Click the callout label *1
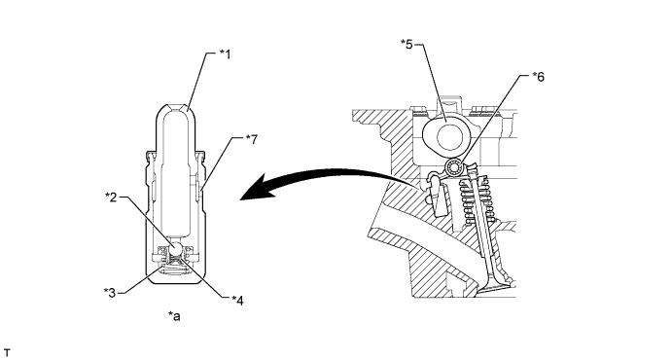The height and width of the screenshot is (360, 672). [225, 54]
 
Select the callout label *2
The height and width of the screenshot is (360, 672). [111, 197]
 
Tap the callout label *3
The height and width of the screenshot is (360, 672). [110, 293]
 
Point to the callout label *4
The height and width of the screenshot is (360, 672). [237, 301]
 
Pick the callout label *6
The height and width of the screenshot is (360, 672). [539, 77]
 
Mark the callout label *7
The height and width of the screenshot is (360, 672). [252, 139]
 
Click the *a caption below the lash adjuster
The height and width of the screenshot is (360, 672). [174, 316]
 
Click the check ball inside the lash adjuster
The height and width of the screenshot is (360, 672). [177, 248]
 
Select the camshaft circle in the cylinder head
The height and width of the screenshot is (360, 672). [448, 137]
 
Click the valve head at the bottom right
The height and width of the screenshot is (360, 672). [496, 289]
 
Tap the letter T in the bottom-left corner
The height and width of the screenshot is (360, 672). [7, 353]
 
